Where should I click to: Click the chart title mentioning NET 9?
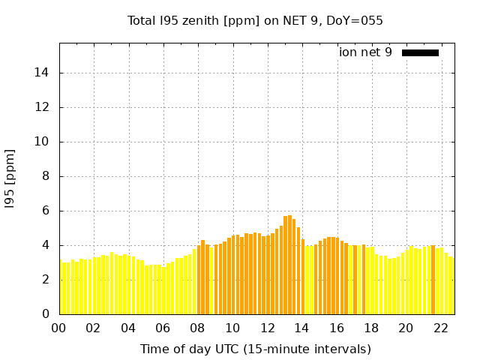[x=255, y=21]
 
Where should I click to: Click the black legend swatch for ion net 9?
[x=420, y=52]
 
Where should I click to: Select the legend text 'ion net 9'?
[x=365, y=52]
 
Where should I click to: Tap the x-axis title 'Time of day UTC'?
[x=255, y=349]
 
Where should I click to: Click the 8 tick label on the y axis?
[x=47, y=176]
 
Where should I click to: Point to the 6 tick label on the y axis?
[x=47, y=211]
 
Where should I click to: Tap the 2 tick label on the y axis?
[x=47, y=280]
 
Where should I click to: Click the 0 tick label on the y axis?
[x=47, y=314]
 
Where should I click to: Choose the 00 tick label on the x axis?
[x=59, y=328]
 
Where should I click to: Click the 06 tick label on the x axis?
[x=163, y=328]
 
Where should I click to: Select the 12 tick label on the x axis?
[x=267, y=328]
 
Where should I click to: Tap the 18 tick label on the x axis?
[x=371, y=328]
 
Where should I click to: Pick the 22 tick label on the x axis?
[x=440, y=328]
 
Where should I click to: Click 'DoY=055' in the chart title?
[x=355, y=21]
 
